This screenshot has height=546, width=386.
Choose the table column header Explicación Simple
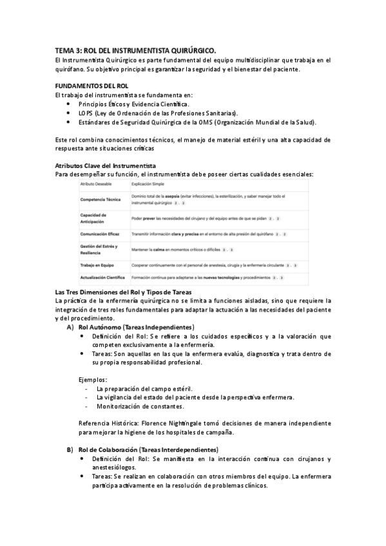[146, 184]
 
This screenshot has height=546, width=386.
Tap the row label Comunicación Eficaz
[101, 234]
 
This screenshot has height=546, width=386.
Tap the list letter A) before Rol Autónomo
[70, 328]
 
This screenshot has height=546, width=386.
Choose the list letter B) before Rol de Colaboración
[70, 449]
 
